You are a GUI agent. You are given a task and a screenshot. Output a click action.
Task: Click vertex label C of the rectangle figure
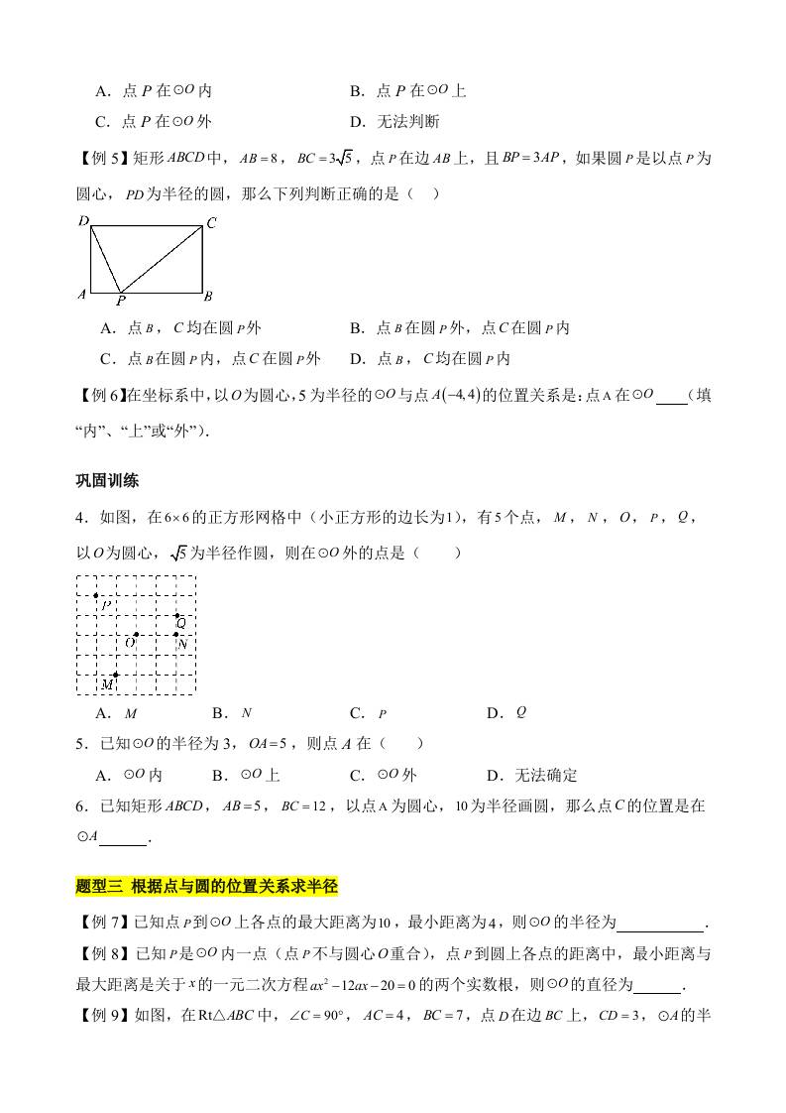pyautogui.click(x=210, y=223)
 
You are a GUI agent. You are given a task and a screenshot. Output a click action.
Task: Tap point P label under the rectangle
pyautogui.click(x=120, y=301)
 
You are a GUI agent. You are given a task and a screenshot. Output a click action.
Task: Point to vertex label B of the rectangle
pyautogui.click(x=208, y=296)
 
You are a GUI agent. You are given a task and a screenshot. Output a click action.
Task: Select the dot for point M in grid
pyautogui.click(x=116, y=674)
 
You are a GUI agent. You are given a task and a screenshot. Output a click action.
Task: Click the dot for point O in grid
pyautogui.click(x=136, y=635)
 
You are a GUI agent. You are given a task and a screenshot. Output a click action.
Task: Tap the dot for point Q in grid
pyautogui.click(x=176, y=615)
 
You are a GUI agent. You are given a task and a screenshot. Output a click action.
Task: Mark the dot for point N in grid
pyautogui.click(x=176, y=635)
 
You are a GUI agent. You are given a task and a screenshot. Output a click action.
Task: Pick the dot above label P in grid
pyautogui.click(x=96, y=595)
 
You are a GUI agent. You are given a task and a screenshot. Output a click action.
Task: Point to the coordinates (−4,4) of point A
pyautogui.click(x=458, y=395)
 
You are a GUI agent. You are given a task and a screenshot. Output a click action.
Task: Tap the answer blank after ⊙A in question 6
pyautogui.click(x=124, y=839)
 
